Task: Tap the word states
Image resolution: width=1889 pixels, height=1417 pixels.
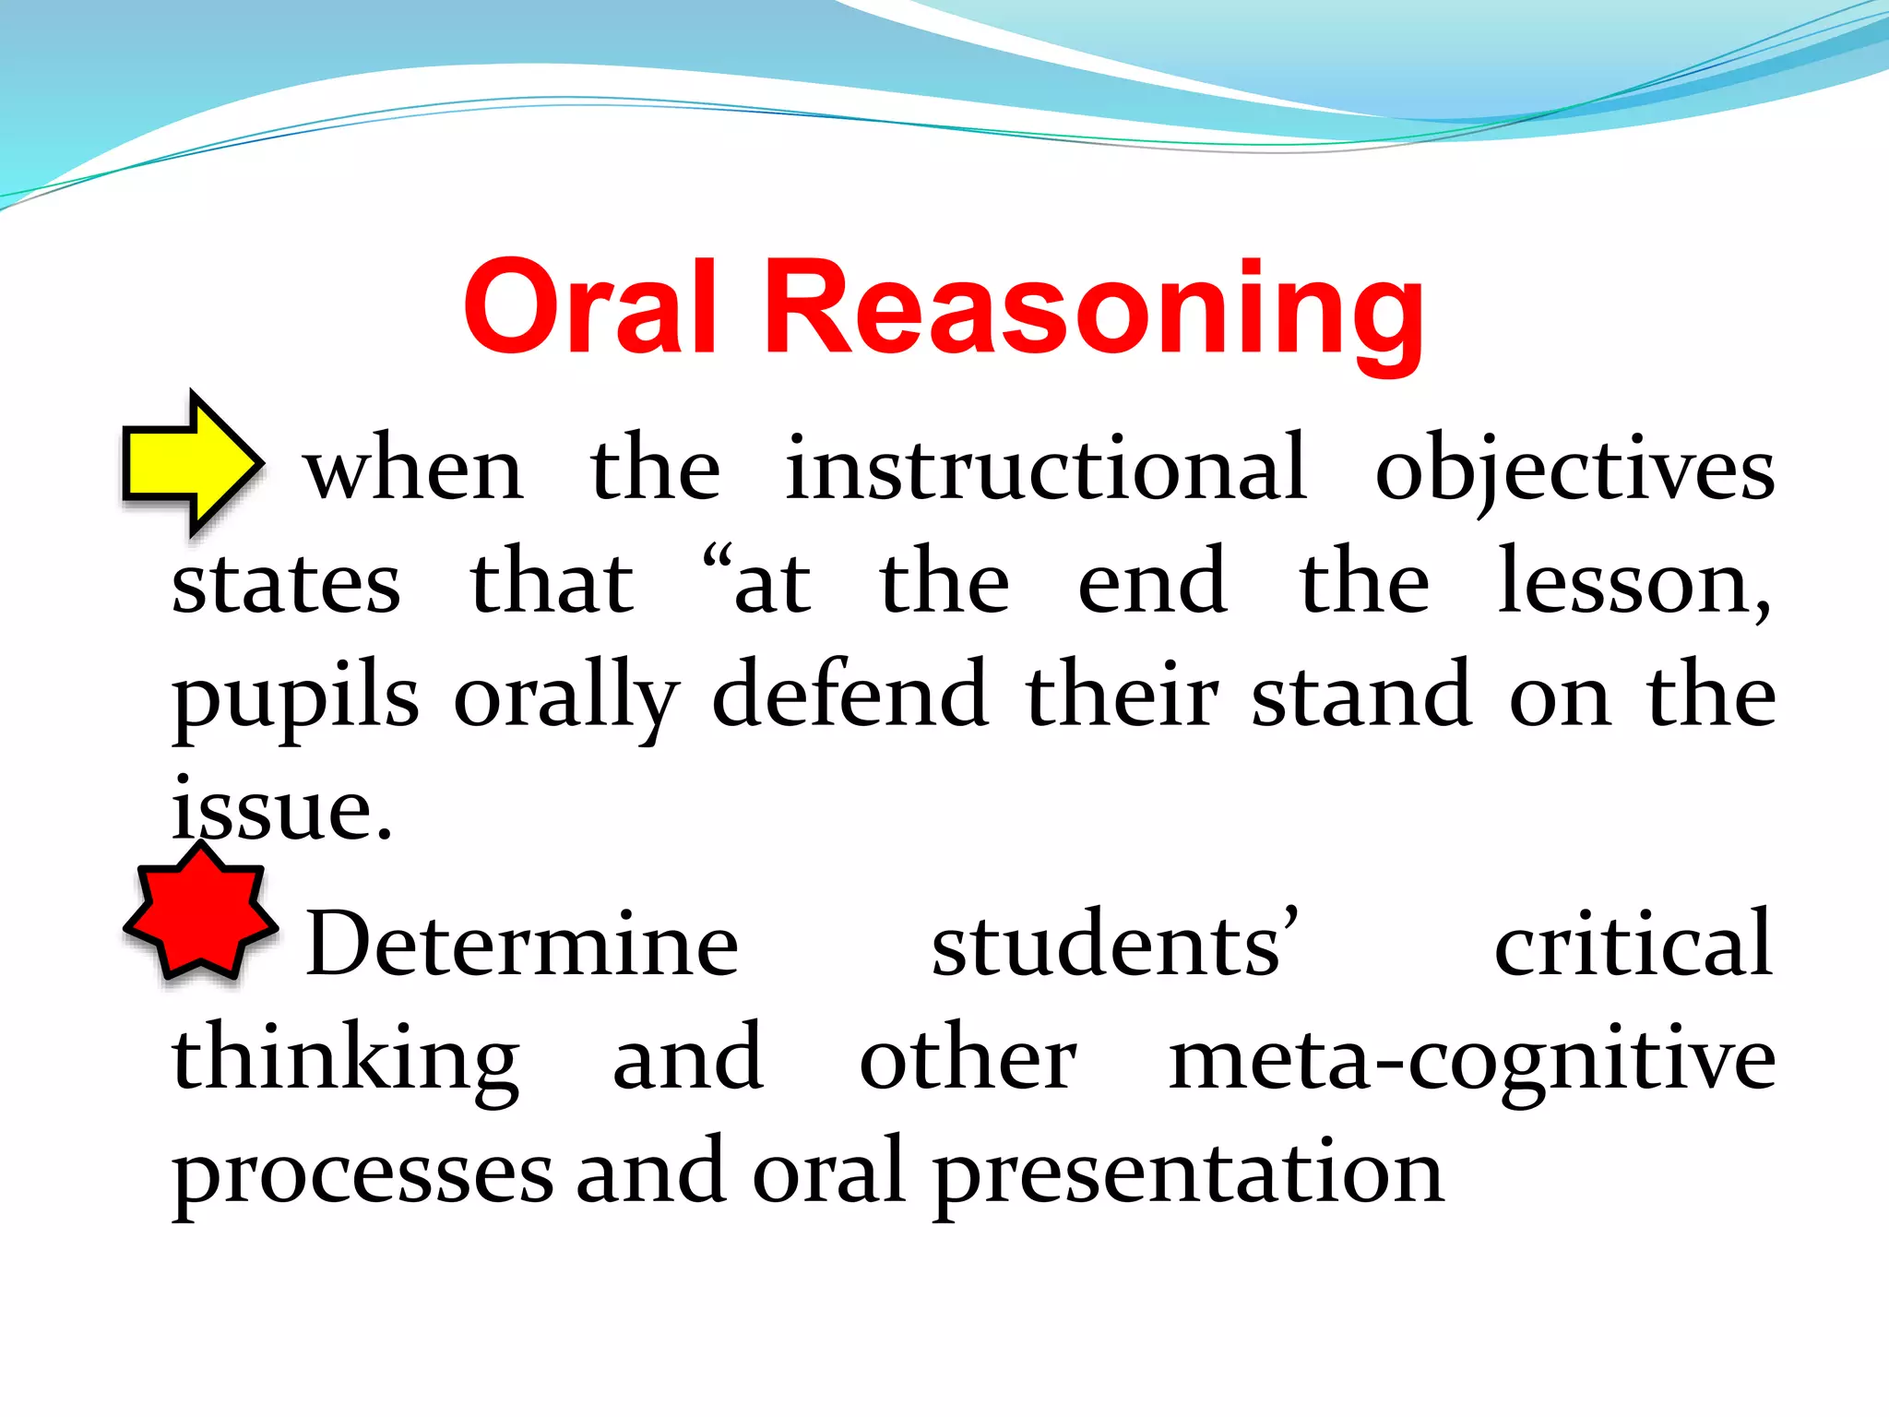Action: tap(287, 584)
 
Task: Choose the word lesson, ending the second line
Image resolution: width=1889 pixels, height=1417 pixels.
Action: tap(1634, 584)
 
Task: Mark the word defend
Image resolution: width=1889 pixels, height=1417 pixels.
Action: tap(849, 697)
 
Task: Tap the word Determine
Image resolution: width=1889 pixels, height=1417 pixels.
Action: tap(522, 945)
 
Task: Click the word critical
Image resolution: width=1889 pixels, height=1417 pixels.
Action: tap(1633, 945)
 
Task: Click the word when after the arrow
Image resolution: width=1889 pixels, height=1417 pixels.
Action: tap(414, 470)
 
